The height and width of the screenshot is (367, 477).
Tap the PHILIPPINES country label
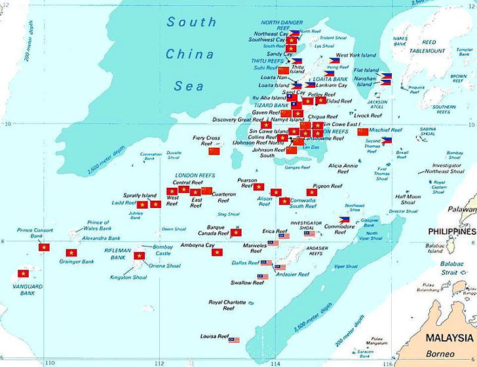pyautogui.click(x=451, y=232)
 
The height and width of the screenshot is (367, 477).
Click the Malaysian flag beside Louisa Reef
pyautogui.click(x=234, y=340)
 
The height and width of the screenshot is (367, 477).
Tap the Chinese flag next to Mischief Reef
pyautogui.click(x=363, y=131)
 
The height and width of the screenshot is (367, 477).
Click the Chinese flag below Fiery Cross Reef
pyautogui.click(x=214, y=151)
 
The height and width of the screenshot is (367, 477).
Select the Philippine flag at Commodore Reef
pyautogui.click(x=344, y=219)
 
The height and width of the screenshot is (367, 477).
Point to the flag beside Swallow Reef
pyautogui.click(x=263, y=277)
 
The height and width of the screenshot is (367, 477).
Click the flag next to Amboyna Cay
pyautogui.click(x=218, y=252)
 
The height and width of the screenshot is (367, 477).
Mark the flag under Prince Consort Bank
pyautogui.click(x=44, y=247)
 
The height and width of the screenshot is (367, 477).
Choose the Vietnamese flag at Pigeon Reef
pyautogui.click(x=312, y=192)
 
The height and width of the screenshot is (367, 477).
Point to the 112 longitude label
pyautogui.click(x=157, y=362)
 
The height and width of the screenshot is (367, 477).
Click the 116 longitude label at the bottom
pyautogui.click(x=389, y=362)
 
